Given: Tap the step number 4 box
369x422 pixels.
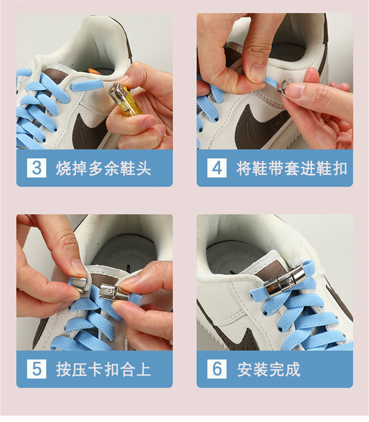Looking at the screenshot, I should pos(216,168).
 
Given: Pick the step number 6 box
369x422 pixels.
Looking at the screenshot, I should pos(216,369).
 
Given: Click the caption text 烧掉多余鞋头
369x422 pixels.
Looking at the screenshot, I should pos(103,168).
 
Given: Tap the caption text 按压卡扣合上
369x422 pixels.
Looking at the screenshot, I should pos(103,369).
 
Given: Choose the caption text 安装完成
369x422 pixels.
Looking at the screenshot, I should pos(269,369).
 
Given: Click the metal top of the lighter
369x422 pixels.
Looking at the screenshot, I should pos(120,92).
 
